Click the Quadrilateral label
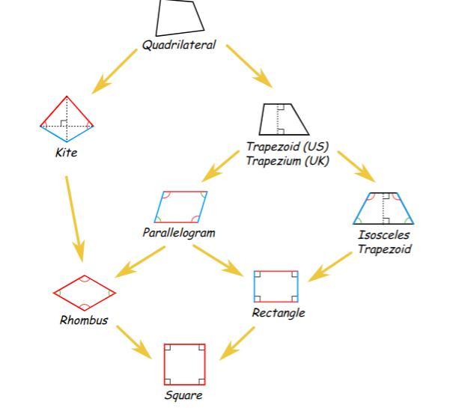[179, 45]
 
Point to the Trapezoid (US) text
[288, 146]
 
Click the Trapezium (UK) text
[288, 159]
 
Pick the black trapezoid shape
[285, 118]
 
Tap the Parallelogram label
[179, 232]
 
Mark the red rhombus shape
[85, 292]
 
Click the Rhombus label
[84, 320]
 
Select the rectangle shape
[277, 287]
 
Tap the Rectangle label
[279, 313]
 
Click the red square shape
[184, 363]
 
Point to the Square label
[183, 395]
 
